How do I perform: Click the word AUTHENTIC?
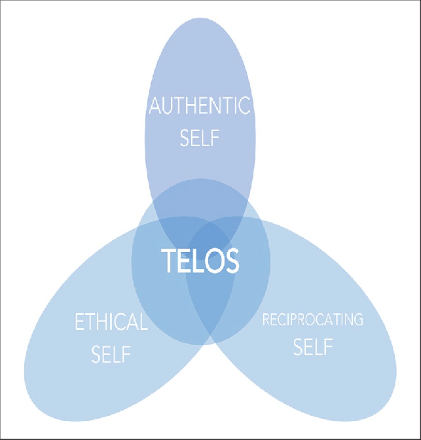click(x=200, y=106)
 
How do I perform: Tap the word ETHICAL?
click(x=111, y=322)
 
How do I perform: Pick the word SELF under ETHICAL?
click(x=111, y=356)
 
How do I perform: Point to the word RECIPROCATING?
click(x=312, y=320)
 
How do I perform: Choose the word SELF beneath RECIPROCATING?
click(x=312, y=346)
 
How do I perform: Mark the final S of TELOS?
click(x=231, y=262)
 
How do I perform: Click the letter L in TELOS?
click(x=198, y=262)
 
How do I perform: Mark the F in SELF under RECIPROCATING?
click(x=328, y=346)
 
